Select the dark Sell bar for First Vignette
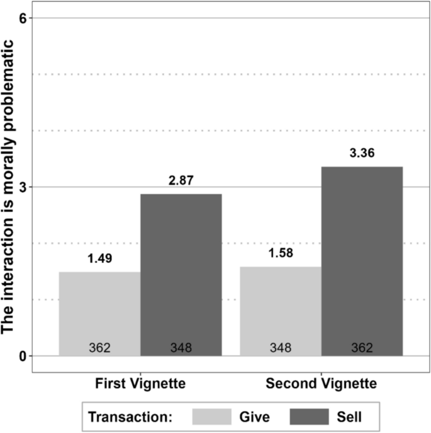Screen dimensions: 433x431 tap(181, 274)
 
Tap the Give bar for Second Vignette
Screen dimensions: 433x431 tap(281, 310)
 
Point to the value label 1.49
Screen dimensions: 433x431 tap(99, 258)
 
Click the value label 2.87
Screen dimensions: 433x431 tap(181, 180)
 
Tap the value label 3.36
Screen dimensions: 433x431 tap(362, 153)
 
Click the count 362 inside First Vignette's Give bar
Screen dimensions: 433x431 tap(99, 347)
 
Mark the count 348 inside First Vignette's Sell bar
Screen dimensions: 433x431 tap(181, 347)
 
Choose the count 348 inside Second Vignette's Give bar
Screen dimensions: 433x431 tap(281, 347)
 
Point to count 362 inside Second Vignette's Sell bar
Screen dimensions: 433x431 tap(362, 347)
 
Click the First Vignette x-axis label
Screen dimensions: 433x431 tap(140, 383)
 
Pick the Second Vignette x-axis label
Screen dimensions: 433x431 tap(321, 383)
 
